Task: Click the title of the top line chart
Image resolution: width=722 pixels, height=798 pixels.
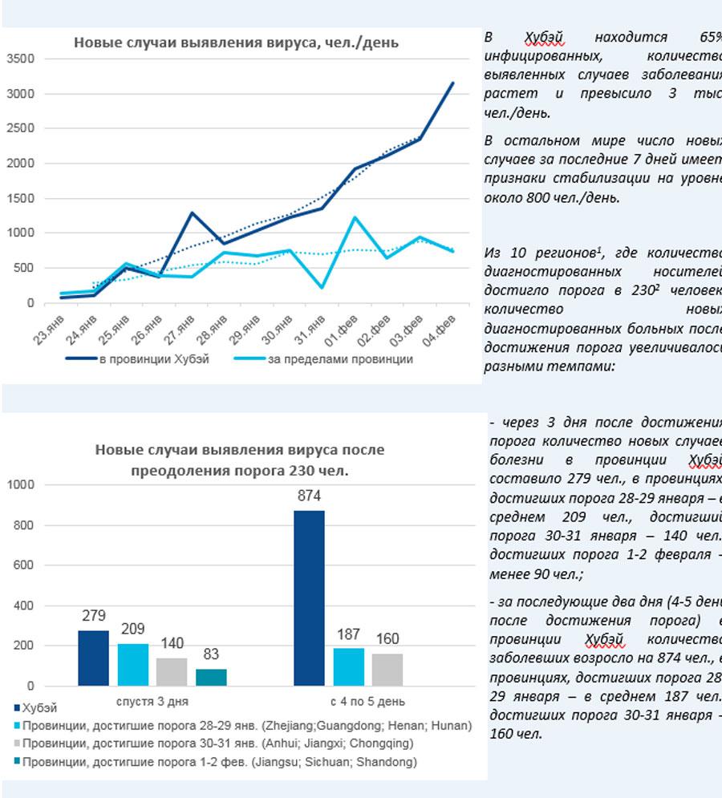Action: pyautogui.click(x=236, y=43)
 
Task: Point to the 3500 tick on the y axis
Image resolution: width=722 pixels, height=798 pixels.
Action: pyautogui.click(x=19, y=59)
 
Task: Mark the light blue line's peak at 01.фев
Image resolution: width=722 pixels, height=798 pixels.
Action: pyautogui.click(x=354, y=217)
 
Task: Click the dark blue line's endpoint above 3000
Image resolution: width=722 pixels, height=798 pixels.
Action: pyautogui.click(x=452, y=83)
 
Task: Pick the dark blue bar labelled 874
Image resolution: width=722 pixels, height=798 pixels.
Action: pyautogui.click(x=309, y=597)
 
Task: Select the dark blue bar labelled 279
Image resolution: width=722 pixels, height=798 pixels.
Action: pyautogui.click(x=93, y=658)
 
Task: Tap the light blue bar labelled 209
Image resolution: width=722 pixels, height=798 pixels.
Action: pyautogui.click(x=132, y=665)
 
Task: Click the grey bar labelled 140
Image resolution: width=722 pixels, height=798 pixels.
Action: pyautogui.click(x=172, y=672)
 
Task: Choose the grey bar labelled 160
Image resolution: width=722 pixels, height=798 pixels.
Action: pyautogui.click(x=387, y=670)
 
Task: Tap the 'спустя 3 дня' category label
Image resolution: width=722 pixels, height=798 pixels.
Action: pyautogui.click(x=152, y=700)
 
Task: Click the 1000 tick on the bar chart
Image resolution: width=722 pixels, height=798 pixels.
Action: pyautogui.click(x=22, y=485)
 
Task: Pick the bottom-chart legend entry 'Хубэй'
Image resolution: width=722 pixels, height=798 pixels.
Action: pyautogui.click(x=41, y=709)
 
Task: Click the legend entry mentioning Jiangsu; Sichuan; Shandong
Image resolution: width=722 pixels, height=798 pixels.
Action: pyautogui.click(x=220, y=762)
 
